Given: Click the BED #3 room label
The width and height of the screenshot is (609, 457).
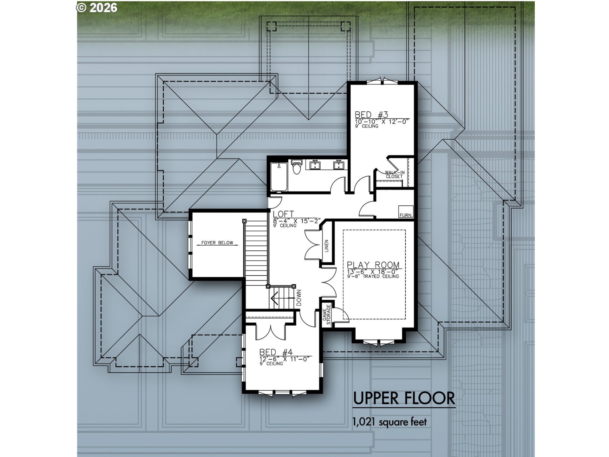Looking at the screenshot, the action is click(371, 115).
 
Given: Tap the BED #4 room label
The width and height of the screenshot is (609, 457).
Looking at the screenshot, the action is click(276, 352).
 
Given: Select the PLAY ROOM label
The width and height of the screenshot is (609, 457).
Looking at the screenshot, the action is click(373, 265).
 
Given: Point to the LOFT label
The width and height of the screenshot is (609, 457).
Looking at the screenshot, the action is click(283, 214).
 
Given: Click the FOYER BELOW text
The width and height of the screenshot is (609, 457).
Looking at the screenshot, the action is click(217, 243).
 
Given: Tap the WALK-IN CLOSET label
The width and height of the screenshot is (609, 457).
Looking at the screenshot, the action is click(395, 174).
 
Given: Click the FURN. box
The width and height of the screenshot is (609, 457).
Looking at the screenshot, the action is click(406, 212).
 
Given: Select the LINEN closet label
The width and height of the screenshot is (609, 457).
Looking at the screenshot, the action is click(327, 246).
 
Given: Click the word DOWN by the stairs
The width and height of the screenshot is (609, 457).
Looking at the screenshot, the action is click(299, 298).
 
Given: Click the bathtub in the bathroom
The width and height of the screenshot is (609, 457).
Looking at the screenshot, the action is click(279, 176).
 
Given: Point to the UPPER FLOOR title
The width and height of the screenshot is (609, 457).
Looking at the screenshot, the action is click(404, 398).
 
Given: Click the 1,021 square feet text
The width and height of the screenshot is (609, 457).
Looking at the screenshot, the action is click(390, 422).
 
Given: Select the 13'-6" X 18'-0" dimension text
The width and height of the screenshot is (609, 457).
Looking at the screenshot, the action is click(373, 272).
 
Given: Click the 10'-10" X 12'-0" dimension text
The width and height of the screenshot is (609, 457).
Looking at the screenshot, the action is click(382, 121).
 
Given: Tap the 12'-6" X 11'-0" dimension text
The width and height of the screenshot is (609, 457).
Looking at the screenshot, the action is click(284, 359).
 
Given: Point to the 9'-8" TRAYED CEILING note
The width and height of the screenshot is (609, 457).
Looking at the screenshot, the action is click(373, 276).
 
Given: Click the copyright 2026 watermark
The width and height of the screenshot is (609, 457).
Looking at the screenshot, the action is click(97, 8).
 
